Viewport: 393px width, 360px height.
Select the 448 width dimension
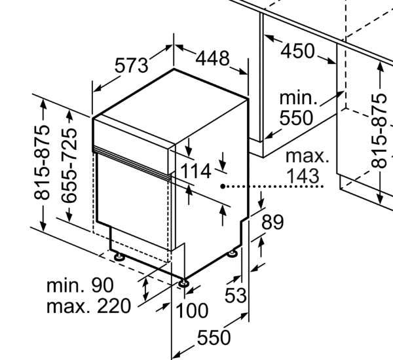(212, 58)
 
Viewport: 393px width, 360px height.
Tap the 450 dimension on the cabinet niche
(298, 50)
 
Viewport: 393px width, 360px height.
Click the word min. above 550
(298, 99)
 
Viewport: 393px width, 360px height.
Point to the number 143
(303, 176)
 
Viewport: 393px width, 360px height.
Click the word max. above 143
(307, 156)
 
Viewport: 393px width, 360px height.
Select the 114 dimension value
(196, 171)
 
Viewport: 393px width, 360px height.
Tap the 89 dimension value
(272, 222)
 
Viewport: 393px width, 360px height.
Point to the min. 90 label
(80, 285)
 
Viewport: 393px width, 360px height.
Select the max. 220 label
(88, 306)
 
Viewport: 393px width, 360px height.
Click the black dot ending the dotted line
(223, 187)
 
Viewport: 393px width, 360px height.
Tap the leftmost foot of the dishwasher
(119, 257)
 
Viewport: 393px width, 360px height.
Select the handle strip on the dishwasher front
(131, 163)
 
